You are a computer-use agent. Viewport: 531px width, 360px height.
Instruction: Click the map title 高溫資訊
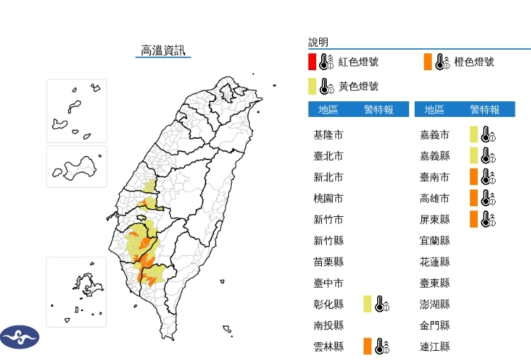click(x=162, y=50)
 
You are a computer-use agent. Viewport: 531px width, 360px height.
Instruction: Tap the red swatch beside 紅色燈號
click(x=312, y=62)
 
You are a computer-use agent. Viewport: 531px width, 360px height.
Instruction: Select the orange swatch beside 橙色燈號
click(x=427, y=62)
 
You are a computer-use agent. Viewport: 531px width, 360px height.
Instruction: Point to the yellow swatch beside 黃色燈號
click(x=312, y=86)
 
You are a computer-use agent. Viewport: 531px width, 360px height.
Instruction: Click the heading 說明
click(x=318, y=43)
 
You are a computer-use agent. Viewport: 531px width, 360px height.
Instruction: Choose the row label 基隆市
click(x=329, y=135)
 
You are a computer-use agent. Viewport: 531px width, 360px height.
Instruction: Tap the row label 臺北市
click(x=329, y=156)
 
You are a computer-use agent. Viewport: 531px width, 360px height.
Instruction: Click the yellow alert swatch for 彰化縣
click(x=367, y=304)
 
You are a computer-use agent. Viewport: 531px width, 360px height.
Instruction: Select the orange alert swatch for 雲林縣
click(x=367, y=347)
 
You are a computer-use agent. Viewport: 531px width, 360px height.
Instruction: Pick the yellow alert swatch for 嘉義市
click(x=474, y=134)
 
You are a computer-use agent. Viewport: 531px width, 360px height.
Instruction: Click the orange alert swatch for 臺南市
click(x=474, y=176)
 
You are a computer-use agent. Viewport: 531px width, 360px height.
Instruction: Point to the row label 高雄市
click(x=435, y=198)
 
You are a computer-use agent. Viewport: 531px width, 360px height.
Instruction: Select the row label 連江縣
click(x=435, y=347)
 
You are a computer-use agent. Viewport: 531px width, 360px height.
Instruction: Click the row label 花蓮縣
click(x=435, y=262)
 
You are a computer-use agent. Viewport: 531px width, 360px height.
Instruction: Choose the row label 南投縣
click(x=329, y=325)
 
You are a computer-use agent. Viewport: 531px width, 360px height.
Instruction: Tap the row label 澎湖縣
click(x=435, y=304)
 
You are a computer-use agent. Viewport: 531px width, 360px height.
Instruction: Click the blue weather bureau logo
click(x=19, y=337)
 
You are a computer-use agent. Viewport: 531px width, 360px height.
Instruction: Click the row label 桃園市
click(x=329, y=198)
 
